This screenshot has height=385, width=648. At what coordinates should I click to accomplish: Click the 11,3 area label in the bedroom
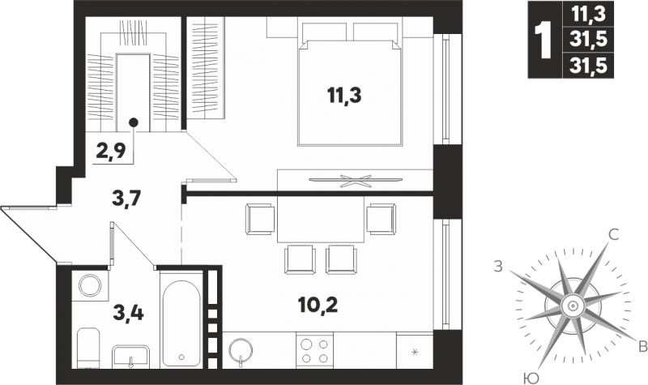[343, 96]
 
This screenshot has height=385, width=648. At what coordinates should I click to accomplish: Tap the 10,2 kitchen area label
[318, 306]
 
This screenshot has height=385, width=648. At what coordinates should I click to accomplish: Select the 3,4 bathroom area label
[128, 313]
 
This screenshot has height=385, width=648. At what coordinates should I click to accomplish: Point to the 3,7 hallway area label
[127, 199]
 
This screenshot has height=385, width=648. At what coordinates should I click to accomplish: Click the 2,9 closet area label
[110, 152]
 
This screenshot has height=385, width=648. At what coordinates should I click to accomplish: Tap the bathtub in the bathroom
[181, 323]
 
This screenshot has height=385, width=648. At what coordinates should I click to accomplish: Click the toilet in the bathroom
[88, 348]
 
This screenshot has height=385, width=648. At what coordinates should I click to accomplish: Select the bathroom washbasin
[130, 357]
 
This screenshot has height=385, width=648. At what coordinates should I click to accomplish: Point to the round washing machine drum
[90, 286]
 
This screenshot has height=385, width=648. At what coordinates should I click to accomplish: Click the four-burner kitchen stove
[314, 350]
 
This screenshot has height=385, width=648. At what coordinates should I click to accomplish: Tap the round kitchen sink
[240, 351]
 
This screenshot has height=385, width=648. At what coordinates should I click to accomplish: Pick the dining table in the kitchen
[321, 219]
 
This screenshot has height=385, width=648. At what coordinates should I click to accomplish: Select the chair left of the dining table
[260, 219]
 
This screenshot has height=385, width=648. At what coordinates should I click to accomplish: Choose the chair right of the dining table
[381, 219]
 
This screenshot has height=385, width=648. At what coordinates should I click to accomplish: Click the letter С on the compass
[614, 235]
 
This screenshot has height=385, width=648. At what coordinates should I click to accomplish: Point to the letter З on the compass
[499, 267]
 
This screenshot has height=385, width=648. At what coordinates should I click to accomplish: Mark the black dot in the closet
[133, 122]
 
